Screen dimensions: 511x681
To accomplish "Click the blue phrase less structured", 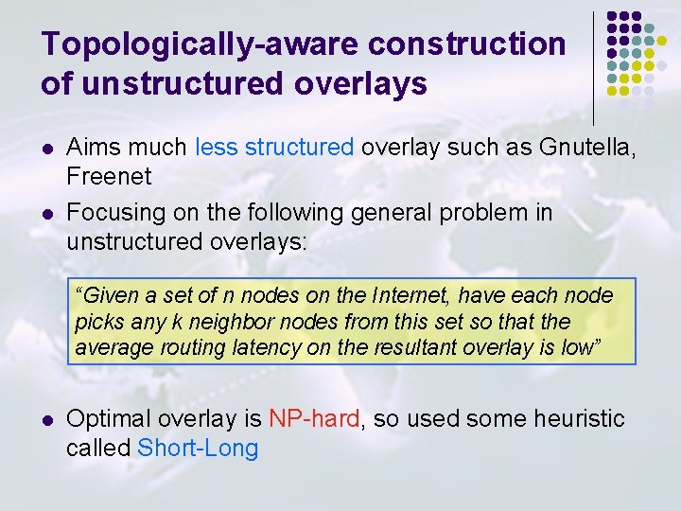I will (x=274, y=148).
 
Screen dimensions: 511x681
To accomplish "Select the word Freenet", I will (x=109, y=176).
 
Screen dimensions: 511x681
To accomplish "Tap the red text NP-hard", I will (x=314, y=419).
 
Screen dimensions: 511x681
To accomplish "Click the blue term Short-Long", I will (x=198, y=448).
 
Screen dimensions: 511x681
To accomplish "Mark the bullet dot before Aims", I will (x=46, y=149).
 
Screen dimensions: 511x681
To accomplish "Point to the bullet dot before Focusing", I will (x=46, y=213).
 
